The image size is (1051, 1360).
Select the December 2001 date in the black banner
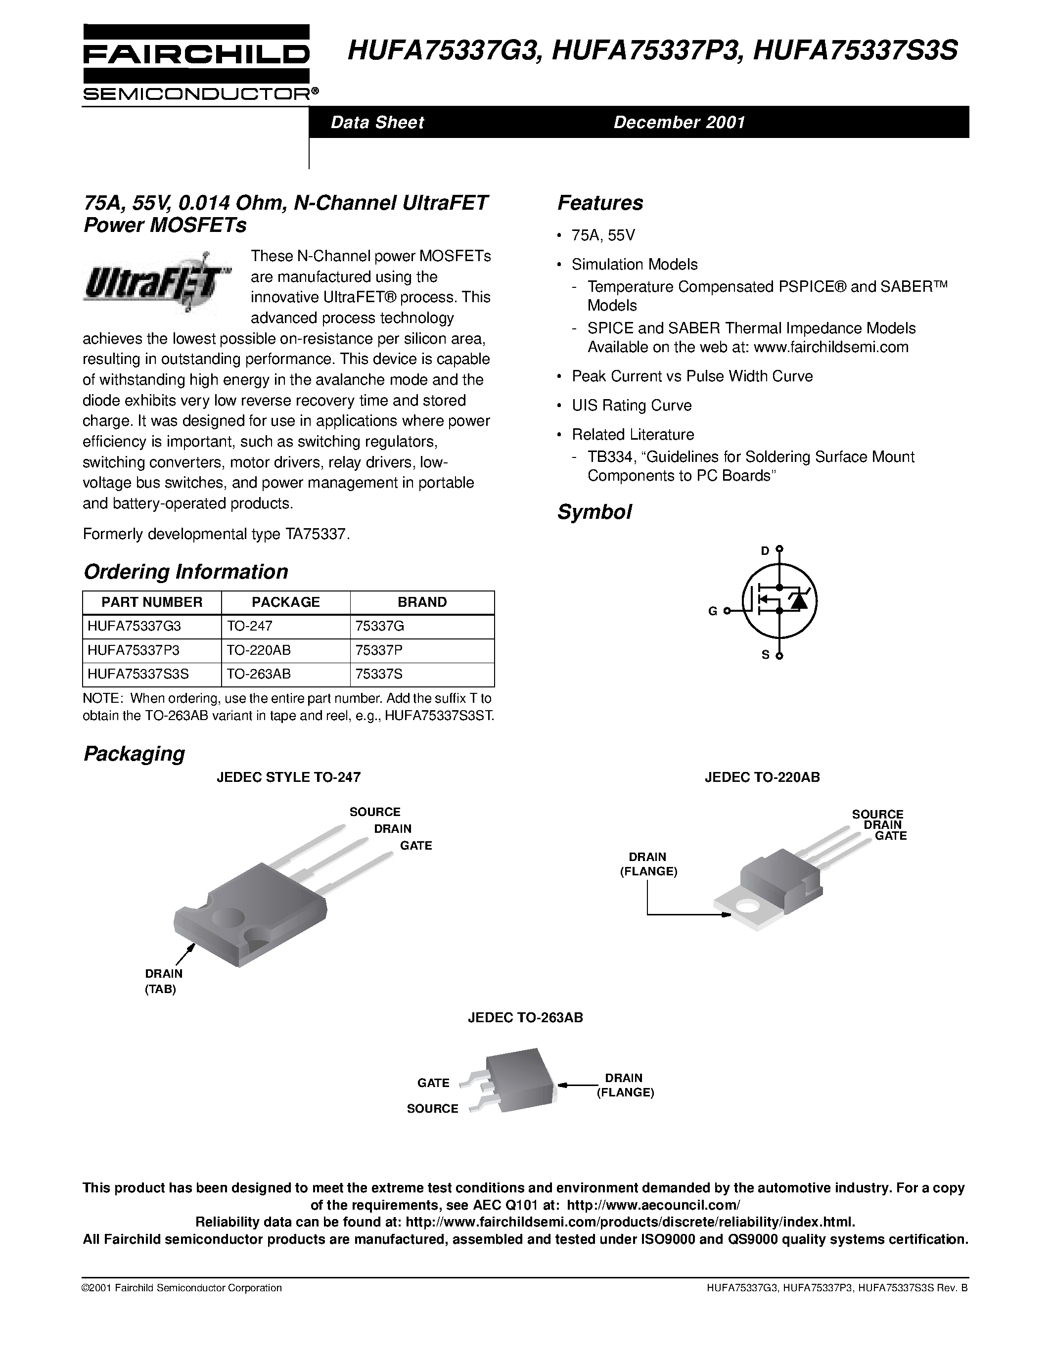[x=679, y=122]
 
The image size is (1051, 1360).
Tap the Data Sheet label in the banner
[x=377, y=122]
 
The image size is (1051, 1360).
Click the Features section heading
[x=599, y=203]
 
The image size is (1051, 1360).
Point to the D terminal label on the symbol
[x=765, y=550]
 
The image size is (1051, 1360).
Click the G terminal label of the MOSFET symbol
[x=712, y=611]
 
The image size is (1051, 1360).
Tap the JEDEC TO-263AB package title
[x=525, y=1017]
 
